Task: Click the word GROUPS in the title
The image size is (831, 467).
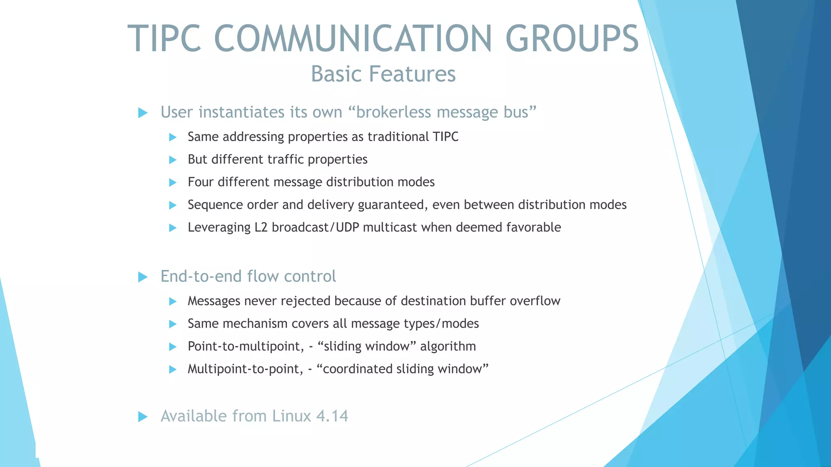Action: pyautogui.click(x=572, y=39)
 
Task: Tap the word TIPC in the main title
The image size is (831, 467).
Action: pyautogui.click(x=164, y=39)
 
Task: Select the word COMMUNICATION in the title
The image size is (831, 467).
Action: pyautogui.click(x=353, y=39)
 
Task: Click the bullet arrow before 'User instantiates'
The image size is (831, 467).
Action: pyautogui.click(x=143, y=113)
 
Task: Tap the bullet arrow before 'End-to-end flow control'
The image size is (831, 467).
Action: pyautogui.click(x=143, y=277)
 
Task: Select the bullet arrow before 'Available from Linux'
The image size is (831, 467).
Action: pyautogui.click(x=143, y=416)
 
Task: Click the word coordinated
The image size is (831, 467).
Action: pyautogui.click(x=357, y=369)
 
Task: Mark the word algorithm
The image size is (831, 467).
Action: pyautogui.click(x=448, y=347)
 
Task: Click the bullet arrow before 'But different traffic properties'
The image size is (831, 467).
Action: pyautogui.click(x=173, y=160)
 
